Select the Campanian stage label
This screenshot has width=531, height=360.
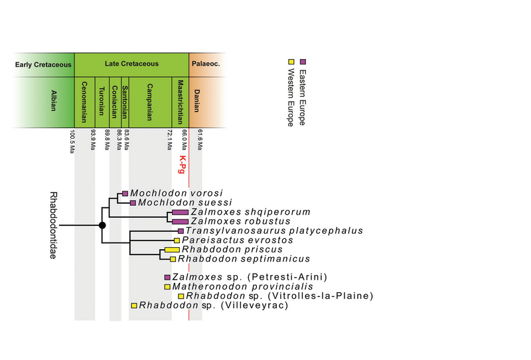pos(150,102)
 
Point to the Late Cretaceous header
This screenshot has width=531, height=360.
pos(131,64)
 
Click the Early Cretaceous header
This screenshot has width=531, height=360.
pos(42,64)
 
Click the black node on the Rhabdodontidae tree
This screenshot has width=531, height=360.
pos(102,226)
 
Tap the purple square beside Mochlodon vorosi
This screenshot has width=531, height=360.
pos(124,193)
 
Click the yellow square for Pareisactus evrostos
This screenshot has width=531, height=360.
pos(177,240)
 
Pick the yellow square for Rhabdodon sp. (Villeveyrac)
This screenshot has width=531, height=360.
pos(134,306)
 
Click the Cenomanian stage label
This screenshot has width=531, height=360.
pos(84,102)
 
